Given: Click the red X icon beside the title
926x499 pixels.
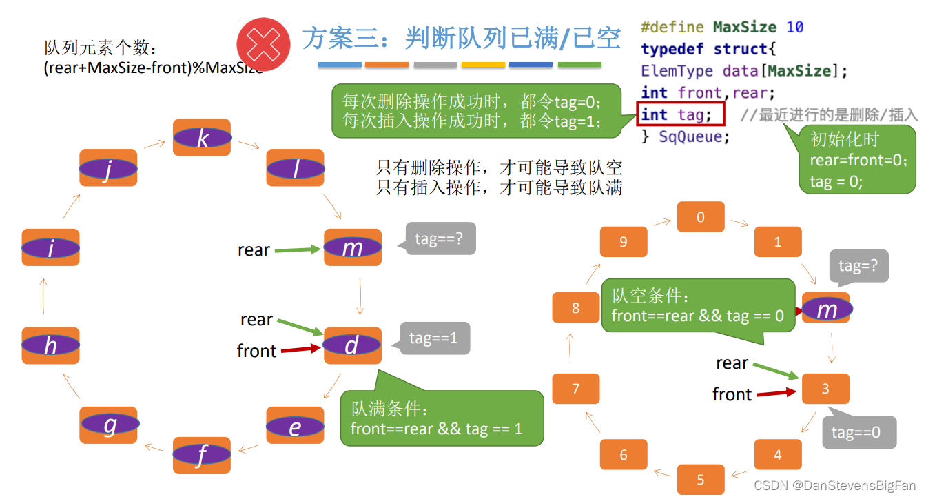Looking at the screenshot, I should click(x=263, y=44).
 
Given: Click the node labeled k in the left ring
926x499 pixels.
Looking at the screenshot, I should click(x=202, y=138).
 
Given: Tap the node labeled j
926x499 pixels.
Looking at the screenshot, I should click(x=108, y=167).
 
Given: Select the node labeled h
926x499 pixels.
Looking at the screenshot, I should click(x=50, y=345).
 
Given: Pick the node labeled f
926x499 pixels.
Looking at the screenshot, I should click(x=201, y=455).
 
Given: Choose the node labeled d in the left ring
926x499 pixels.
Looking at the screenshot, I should click(x=352, y=345).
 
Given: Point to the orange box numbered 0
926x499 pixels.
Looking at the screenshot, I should click(x=701, y=217).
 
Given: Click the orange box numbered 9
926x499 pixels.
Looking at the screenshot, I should click(x=624, y=242).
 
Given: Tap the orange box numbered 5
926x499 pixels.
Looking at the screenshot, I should click(x=701, y=480).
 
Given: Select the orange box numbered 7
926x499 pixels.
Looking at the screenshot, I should click(x=576, y=389).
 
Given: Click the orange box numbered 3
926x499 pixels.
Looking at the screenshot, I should click(x=825, y=389).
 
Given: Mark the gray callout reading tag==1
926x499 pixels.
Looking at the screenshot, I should click(x=434, y=338).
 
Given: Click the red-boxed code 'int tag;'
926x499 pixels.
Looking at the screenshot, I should click(x=680, y=114).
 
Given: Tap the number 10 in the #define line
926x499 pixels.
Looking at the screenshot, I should click(x=794, y=28).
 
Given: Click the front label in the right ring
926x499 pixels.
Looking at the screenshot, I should click(x=732, y=394).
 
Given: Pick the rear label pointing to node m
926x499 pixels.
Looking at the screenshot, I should click(x=254, y=250).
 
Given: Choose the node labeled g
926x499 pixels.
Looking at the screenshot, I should click(x=110, y=425).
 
